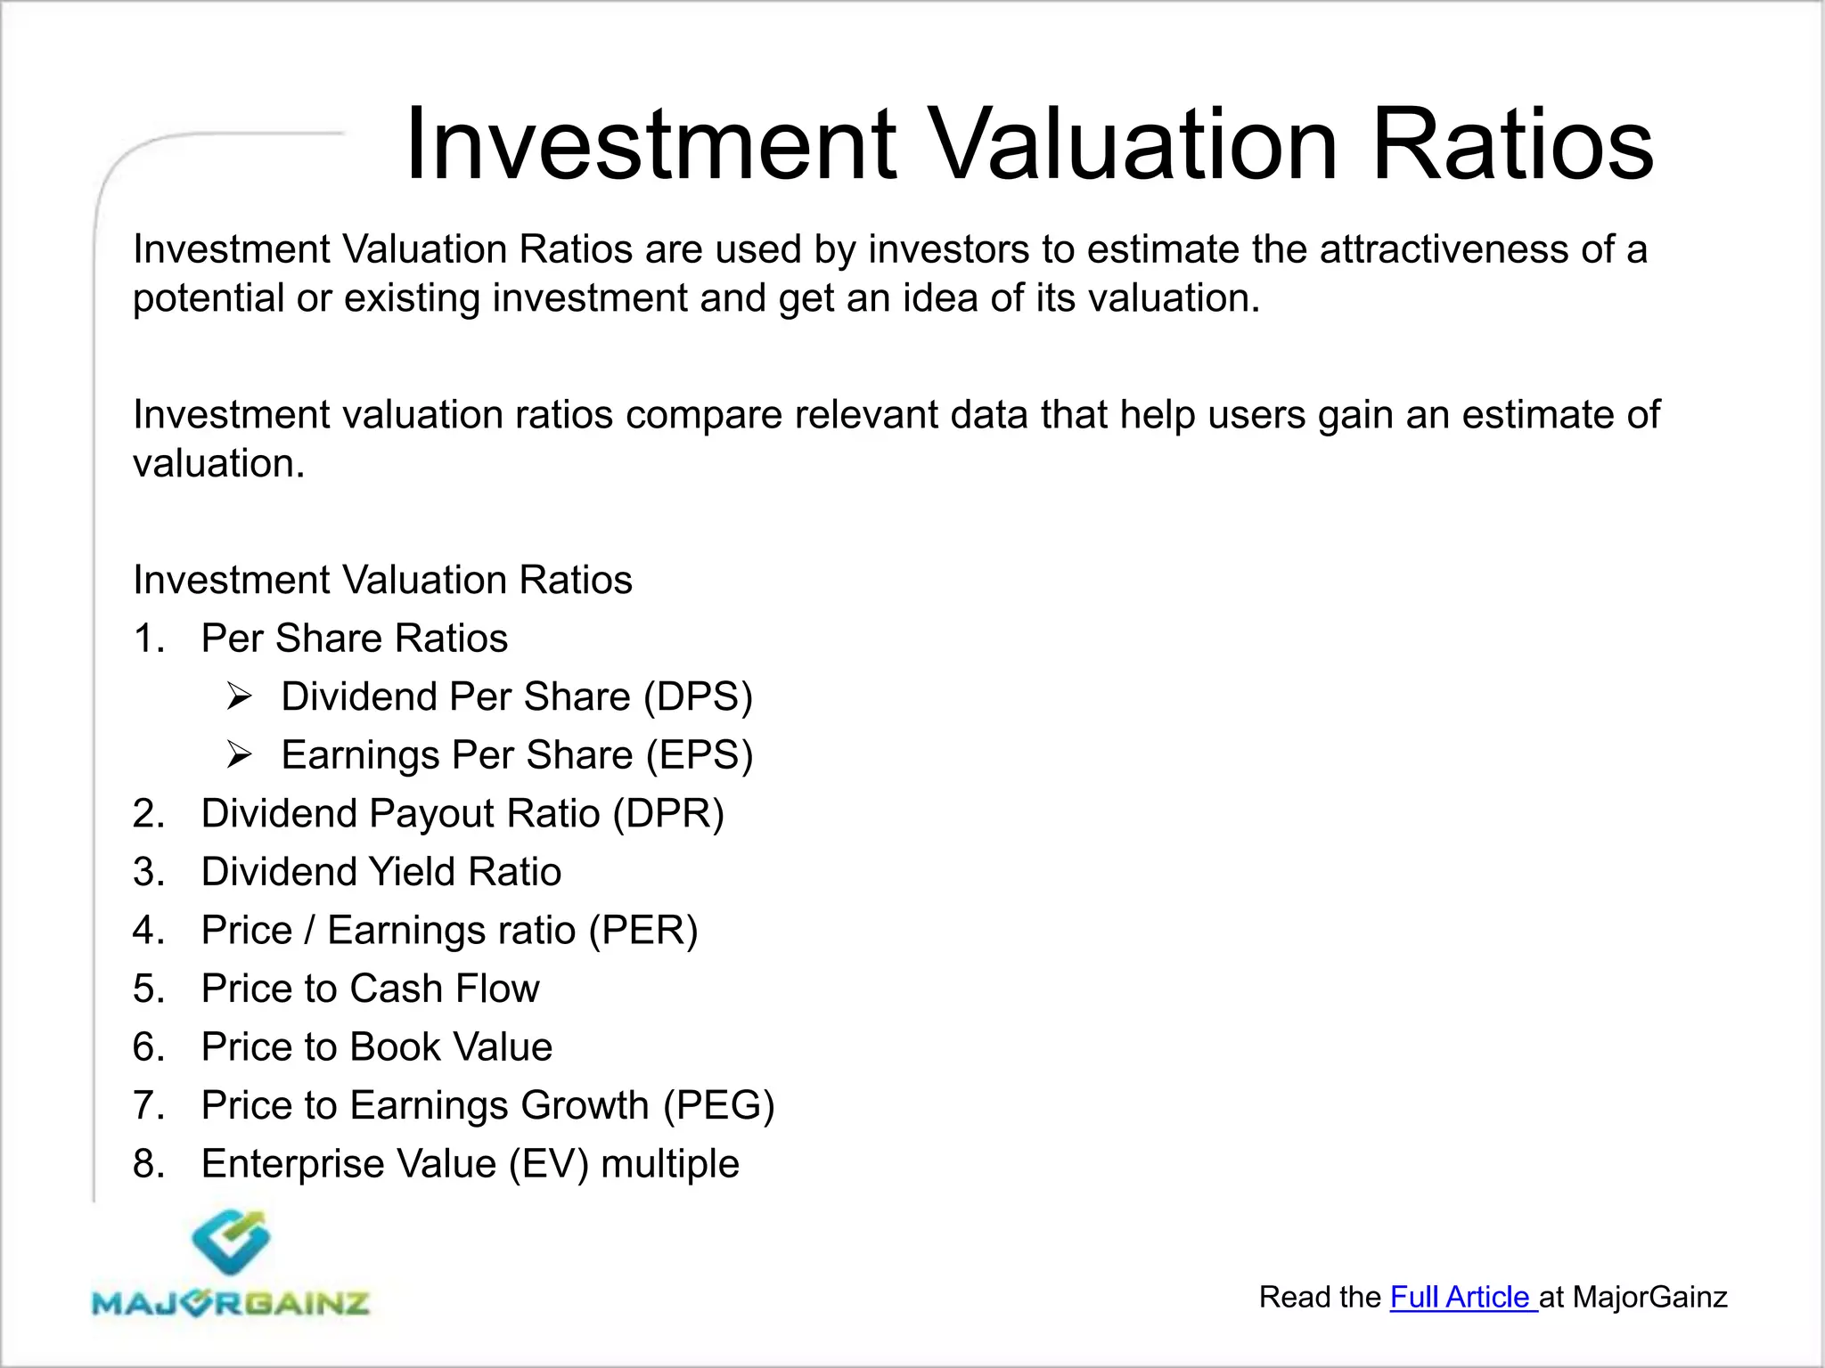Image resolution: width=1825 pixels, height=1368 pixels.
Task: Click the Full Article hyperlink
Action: point(1461,1298)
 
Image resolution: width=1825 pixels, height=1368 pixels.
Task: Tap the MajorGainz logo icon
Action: point(230,1242)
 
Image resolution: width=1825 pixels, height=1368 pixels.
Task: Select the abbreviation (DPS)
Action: point(699,696)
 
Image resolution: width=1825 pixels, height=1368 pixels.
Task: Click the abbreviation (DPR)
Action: point(668,814)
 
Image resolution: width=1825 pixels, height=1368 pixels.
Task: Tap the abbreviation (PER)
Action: point(642,931)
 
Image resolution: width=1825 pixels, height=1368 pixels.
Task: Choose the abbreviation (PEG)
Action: point(718,1106)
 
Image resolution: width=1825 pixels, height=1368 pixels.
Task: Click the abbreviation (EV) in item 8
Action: point(549,1164)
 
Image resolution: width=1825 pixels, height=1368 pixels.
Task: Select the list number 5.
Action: point(148,989)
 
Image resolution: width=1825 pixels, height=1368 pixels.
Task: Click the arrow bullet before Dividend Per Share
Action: point(240,696)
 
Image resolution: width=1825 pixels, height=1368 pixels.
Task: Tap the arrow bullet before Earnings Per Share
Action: point(240,755)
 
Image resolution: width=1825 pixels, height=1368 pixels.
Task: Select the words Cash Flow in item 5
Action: point(444,989)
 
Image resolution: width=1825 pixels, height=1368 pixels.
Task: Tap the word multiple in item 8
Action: point(670,1164)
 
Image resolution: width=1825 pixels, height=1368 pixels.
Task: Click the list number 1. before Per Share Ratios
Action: point(148,639)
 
